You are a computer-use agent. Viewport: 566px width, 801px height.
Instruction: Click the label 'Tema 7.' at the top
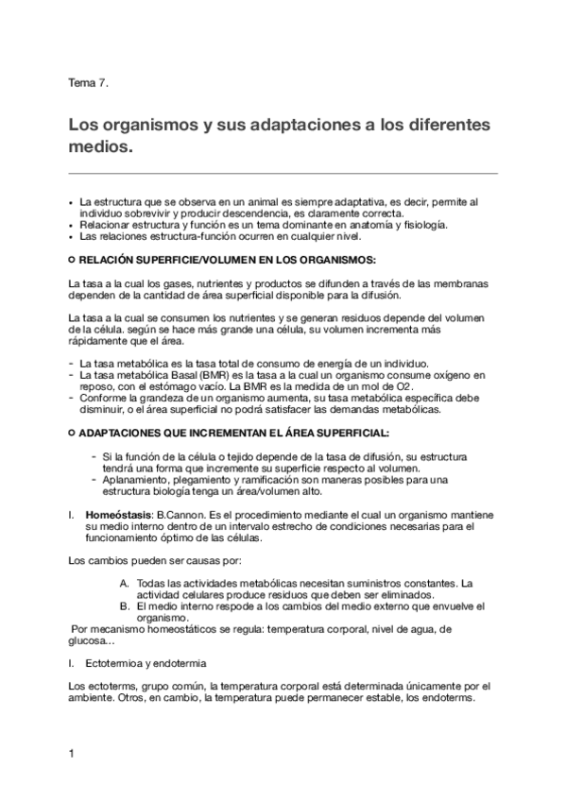(x=89, y=83)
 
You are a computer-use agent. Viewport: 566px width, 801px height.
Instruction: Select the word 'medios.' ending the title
(x=102, y=148)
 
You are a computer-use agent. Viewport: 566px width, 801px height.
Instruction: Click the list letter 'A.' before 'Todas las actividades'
(x=125, y=583)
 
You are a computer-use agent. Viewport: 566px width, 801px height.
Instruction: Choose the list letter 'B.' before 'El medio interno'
(x=125, y=605)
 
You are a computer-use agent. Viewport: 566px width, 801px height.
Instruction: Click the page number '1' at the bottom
(x=72, y=754)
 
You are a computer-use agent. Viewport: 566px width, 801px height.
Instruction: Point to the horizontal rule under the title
(x=283, y=174)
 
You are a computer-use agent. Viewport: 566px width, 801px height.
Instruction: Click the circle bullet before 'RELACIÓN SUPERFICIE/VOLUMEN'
(x=73, y=258)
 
